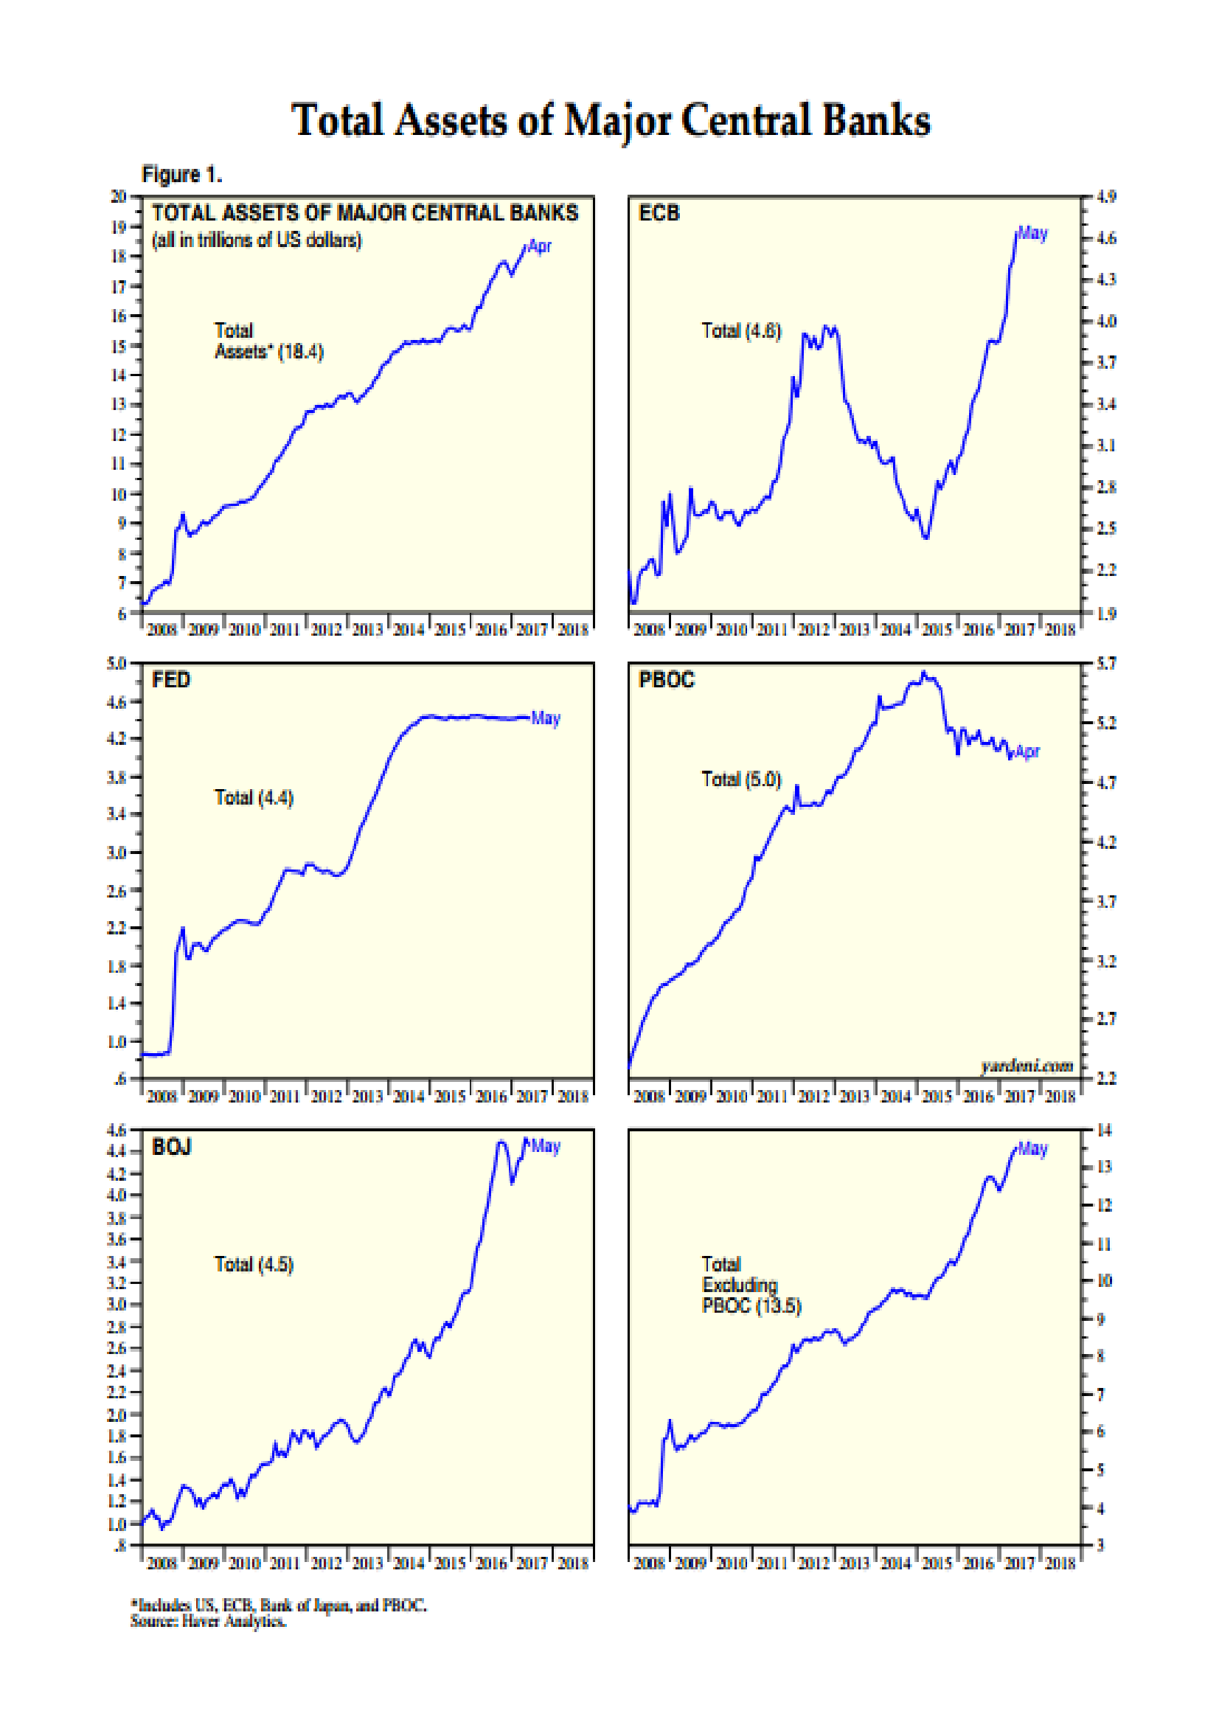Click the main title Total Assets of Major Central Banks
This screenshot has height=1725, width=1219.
(x=610, y=120)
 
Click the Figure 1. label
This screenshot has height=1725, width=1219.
(x=181, y=175)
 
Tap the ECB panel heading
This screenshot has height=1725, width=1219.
(x=659, y=213)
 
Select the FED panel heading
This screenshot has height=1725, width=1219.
(x=171, y=680)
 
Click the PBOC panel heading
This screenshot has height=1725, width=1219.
(x=666, y=680)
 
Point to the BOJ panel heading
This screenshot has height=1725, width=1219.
(x=171, y=1147)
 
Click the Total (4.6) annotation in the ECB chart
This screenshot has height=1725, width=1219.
(x=740, y=331)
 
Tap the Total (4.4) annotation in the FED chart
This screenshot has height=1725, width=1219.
(x=254, y=797)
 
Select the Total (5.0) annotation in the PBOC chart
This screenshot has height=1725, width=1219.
(x=740, y=779)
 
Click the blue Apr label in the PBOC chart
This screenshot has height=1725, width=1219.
(x=1027, y=752)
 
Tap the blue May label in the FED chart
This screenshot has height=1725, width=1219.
(x=545, y=718)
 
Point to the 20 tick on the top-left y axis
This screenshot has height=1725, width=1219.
(x=118, y=197)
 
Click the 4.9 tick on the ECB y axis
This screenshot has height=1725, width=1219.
(x=1105, y=197)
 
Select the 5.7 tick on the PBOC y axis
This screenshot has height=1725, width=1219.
(x=1105, y=664)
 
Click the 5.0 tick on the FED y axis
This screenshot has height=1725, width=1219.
(x=117, y=664)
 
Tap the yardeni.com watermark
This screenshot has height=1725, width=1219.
(x=1026, y=1066)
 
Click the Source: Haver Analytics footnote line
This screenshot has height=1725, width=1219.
(x=208, y=1621)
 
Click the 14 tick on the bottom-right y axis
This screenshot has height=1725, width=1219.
(x=1103, y=1130)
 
